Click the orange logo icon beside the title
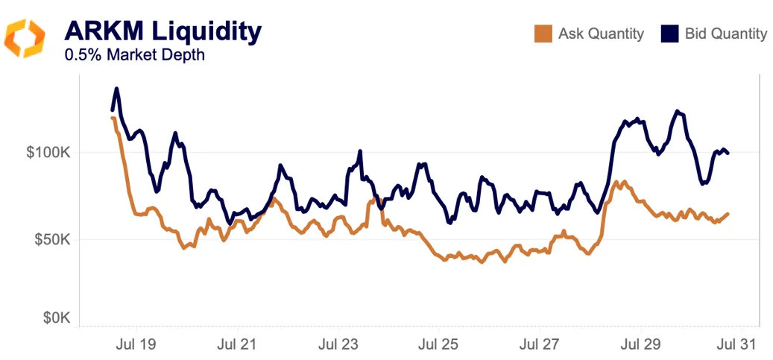coord(25,38)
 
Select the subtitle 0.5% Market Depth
coord(134,55)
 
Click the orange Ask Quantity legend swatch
coord(543,34)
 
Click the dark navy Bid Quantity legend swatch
coord(670,34)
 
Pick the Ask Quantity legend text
coord(601,34)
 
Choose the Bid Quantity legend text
coord(726,34)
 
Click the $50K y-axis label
coord(51,240)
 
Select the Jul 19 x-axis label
coord(136,344)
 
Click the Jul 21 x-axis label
coord(237,344)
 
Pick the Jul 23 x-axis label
coord(338,344)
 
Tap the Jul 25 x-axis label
coord(438,344)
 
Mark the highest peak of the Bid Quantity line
coord(116,89)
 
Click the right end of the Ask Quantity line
coord(728,214)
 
